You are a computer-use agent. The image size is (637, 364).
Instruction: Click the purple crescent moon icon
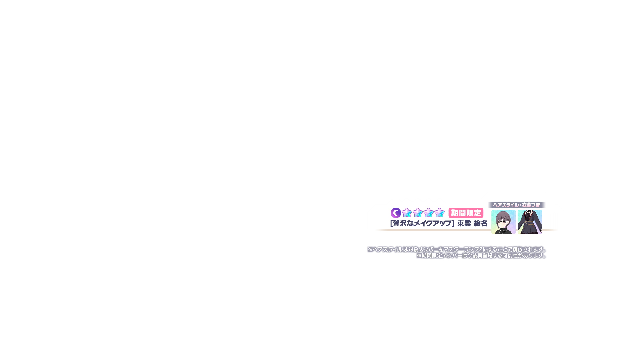(x=396, y=213)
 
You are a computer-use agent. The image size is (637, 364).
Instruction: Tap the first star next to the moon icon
(x=407, y=213)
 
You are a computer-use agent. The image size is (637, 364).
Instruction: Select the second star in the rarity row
(x=418, y=213)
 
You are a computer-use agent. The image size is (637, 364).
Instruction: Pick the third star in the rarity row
(x=429, y=213)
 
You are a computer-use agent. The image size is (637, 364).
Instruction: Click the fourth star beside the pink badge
(x=440, y=213)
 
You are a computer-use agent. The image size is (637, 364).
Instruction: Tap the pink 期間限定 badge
(x=466, y=213)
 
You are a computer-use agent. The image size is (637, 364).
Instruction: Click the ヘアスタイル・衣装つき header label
(x=516, y=205)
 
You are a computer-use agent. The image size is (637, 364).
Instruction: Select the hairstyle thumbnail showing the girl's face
(x=503, y=222)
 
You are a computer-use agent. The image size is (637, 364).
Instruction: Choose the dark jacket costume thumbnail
(x=530, y=222)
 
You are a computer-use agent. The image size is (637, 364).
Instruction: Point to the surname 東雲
(x=464, y=224)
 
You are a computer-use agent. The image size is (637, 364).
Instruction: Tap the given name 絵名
(x=481, y=224)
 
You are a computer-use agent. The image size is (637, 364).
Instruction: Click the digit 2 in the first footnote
(x=481, y=249)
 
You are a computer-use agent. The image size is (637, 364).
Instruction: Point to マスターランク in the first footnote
(x=461, y=249)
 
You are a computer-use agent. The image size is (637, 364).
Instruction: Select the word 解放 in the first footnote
(x=518, y=249)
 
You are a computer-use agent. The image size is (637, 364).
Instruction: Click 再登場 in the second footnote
(x=485, y=256)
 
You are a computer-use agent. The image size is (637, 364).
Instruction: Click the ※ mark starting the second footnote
(x=419, y=256)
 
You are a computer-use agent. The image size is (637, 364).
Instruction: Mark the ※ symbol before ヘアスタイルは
(x=370, y=249)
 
